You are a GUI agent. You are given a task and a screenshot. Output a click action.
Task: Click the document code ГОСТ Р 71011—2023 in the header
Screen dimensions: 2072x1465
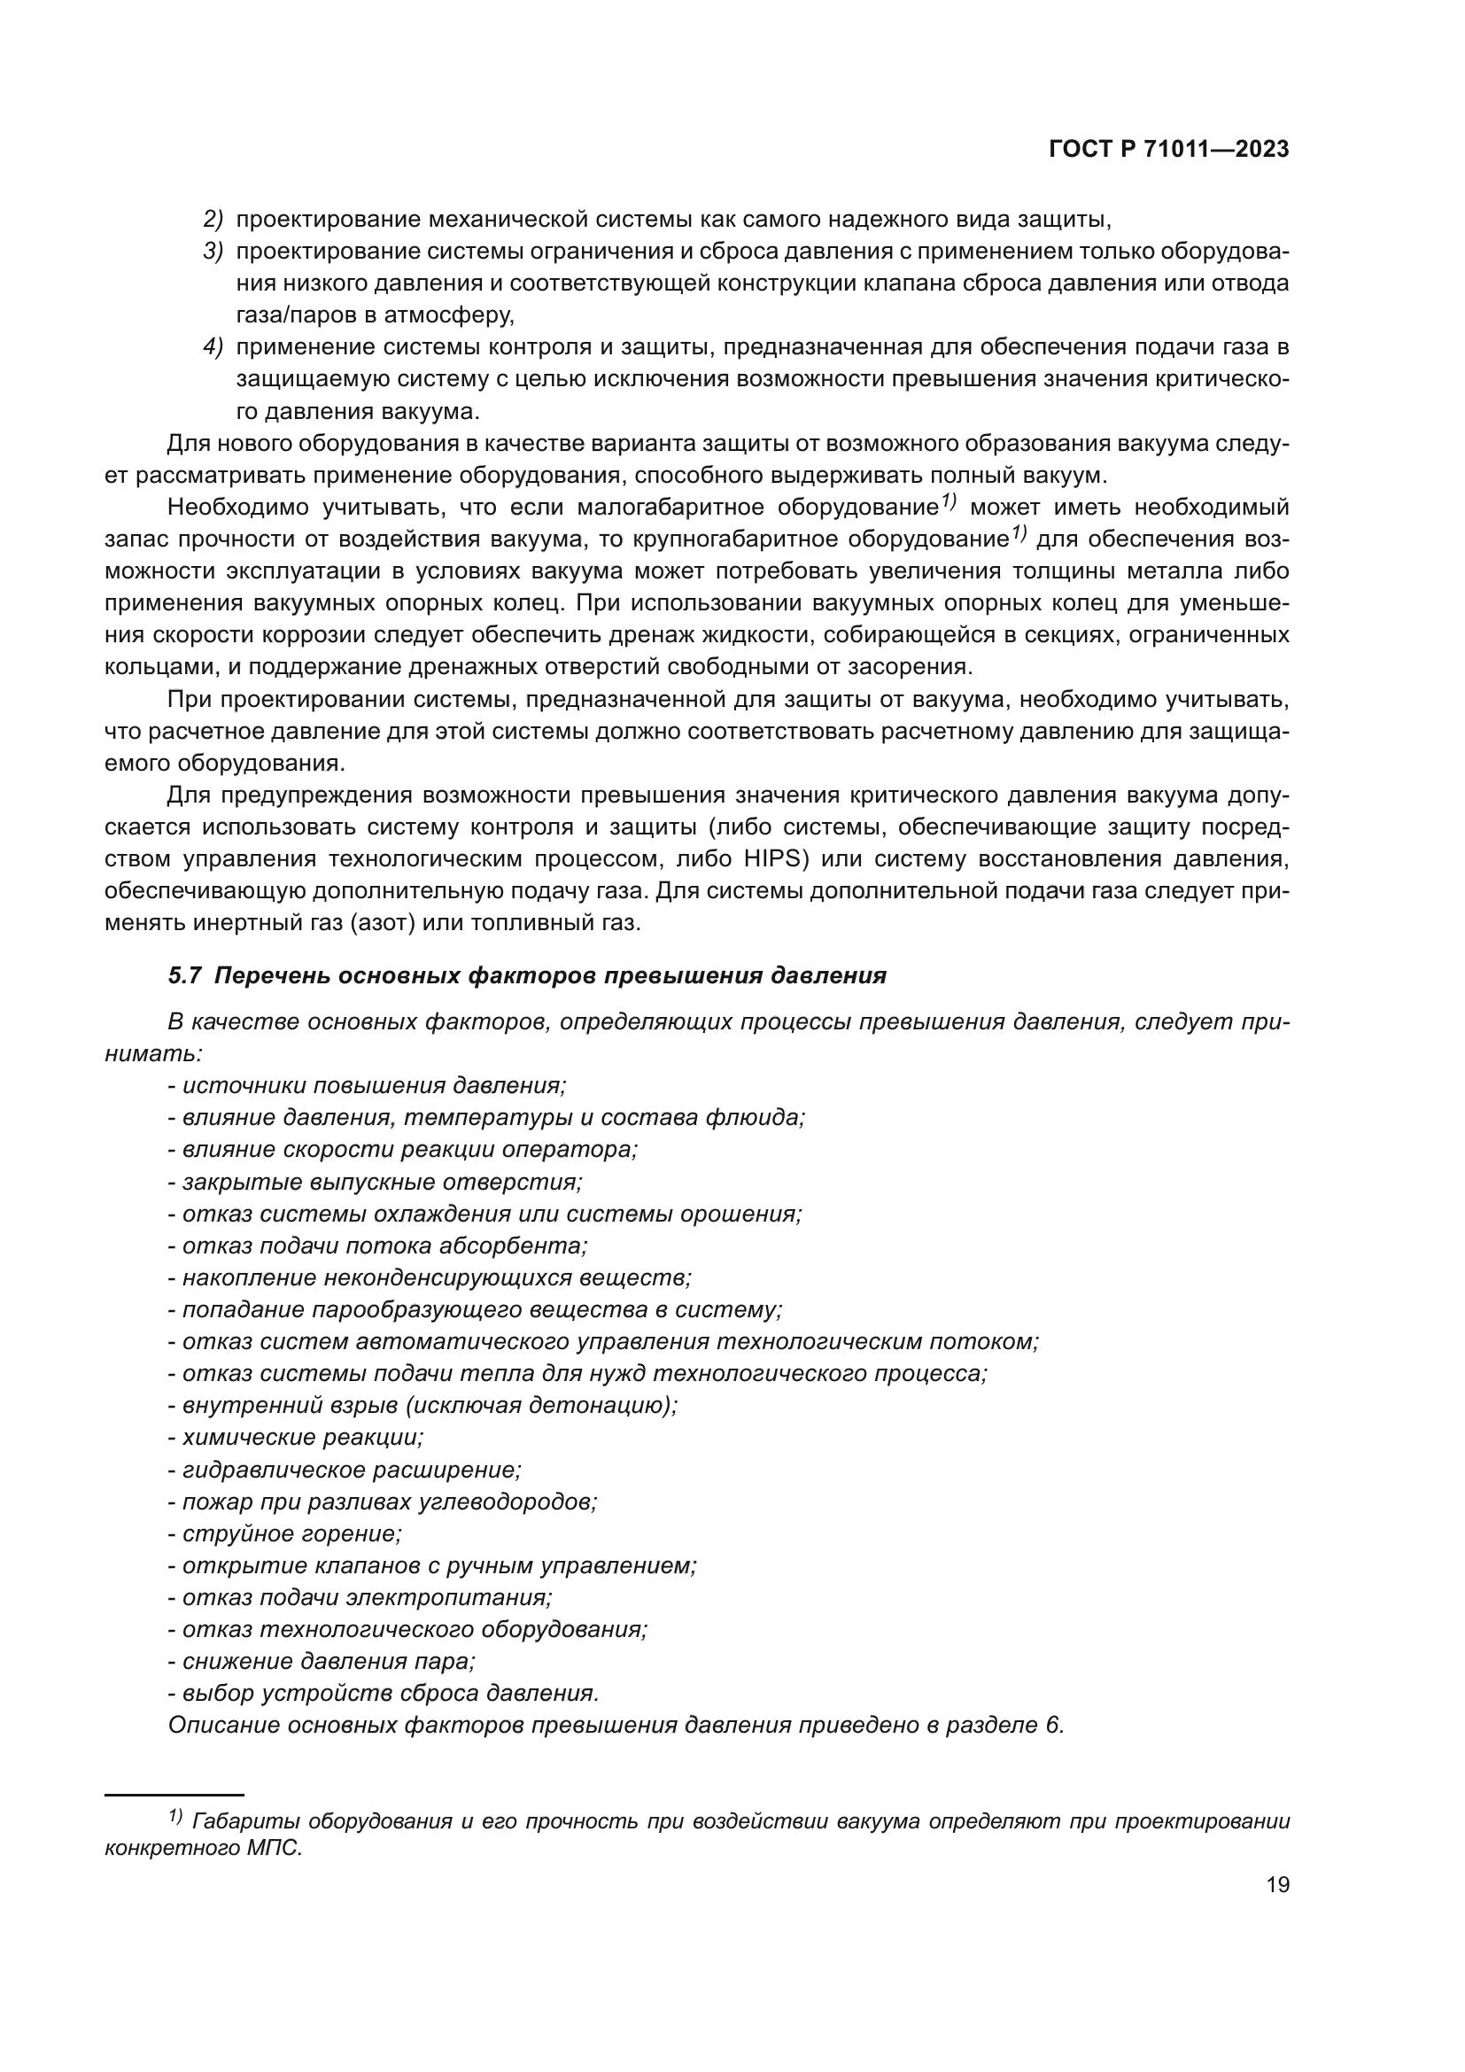pos(1169,150)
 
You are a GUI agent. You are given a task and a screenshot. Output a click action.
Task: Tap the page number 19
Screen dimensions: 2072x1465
pos(1277,1884)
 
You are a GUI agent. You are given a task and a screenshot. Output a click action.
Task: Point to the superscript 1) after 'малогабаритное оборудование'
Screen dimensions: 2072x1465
pos(947,501)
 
